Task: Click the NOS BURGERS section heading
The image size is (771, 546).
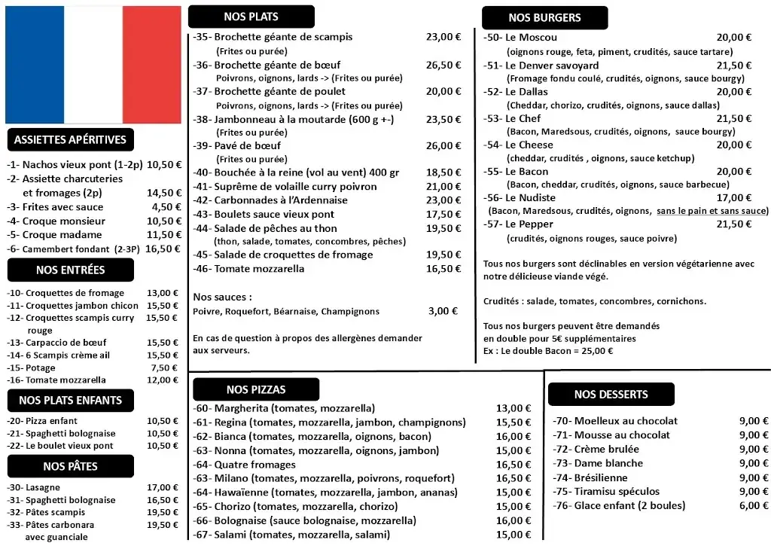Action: pyautogui.click(x=544, y=18)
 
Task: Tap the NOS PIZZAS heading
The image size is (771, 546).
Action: pyautogui.click(x=256, y=389)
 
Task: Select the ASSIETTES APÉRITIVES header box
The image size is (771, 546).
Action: pyautogui.click(x=70, y=139)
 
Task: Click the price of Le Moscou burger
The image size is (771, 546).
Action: pyautogui.click(x=733, y=38)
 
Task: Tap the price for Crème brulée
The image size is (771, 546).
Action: pyautogui.click(x=754, y=449)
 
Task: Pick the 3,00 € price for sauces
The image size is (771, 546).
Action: pyautogui.click(x=444, y=311)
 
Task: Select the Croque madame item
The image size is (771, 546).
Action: pyautogui.click(x=56, y=235)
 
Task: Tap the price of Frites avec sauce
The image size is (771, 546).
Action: pyautogui.click(x=166, y=207)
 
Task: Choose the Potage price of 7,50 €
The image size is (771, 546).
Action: pyautogui.click(x=164, y=368)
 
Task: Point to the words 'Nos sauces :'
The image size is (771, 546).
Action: pyautogui.click(x=222, y=297)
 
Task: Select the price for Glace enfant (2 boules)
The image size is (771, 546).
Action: pyautogui.click(x=754, y=505)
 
